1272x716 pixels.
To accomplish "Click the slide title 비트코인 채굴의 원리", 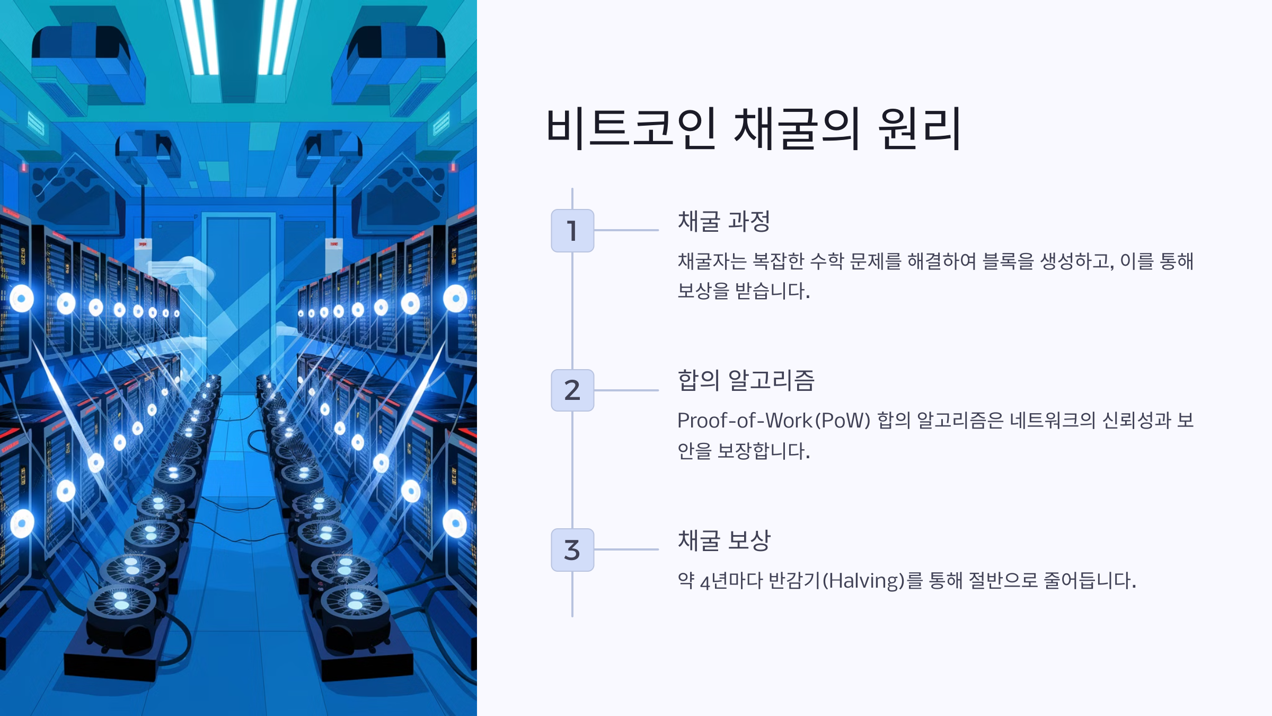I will coord(753,128).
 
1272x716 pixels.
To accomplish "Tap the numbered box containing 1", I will coord(572,231).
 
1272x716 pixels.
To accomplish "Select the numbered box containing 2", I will coord(572,390).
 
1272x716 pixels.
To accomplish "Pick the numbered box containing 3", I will coord(572,550).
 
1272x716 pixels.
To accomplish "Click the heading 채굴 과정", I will coord(723,221).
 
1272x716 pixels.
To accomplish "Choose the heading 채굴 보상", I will coord(723,540).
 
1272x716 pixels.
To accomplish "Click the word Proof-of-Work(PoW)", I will coord(774,421).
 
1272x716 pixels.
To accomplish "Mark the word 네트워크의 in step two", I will coord(1052,421).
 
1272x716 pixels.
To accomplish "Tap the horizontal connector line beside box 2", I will coord(626,390).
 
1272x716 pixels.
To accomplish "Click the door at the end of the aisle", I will coord(238,297).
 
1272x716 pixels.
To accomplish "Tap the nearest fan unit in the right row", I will coord(355,605).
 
